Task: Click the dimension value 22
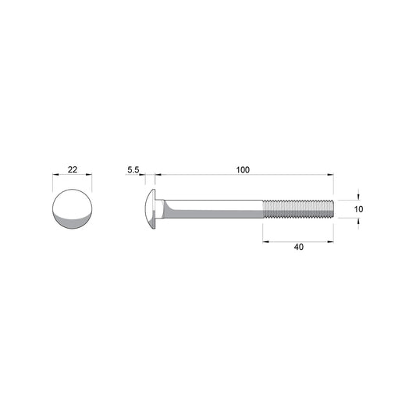tap(73, 169)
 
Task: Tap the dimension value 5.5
tap(133, 170)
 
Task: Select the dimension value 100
tap(243, 170)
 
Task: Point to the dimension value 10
tap(358, 209)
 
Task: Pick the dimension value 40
tap(299, 247)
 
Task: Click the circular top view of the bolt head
tap(73, 209)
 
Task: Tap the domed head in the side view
tap(150, 209)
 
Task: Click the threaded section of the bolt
tap(298, 209)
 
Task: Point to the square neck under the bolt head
tap(160, 209)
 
